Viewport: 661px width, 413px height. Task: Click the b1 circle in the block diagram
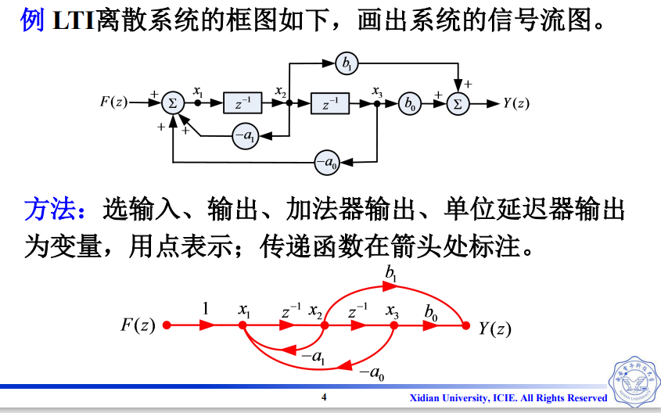tap(345, 63)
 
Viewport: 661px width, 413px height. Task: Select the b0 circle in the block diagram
tap(408, 102)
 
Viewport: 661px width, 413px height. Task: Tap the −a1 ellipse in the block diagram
tap(246, 136)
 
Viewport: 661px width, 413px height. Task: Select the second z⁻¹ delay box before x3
tap(330, 102)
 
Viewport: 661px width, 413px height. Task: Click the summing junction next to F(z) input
tap(174, 102)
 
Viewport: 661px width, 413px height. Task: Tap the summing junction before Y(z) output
tap(459, 102)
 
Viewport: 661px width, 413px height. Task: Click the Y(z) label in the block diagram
tap(516, 103)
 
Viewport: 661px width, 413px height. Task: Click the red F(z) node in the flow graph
tap(166, 325)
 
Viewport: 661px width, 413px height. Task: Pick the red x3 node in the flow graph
tap(394, 325)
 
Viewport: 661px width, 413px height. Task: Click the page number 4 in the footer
tap(324, 398)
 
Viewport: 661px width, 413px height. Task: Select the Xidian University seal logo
tap(634, 383)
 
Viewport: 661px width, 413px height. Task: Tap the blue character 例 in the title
tap(32, 20)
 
